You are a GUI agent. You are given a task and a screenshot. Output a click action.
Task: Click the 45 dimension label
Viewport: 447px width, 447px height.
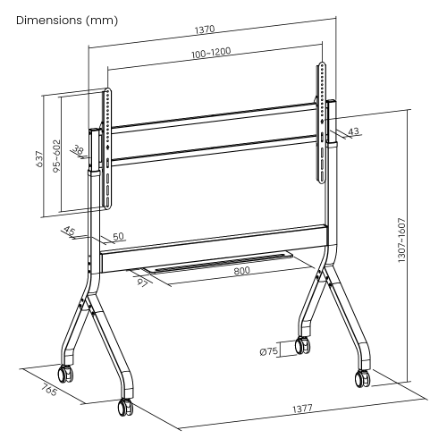click(70, 232)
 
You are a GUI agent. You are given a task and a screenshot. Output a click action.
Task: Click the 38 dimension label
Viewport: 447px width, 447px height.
click(80, 153)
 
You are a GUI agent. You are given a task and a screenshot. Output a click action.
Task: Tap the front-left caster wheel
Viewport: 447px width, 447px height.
click(122, 408)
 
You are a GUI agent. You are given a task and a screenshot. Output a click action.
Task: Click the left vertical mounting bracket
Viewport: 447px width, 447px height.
click(108, 148)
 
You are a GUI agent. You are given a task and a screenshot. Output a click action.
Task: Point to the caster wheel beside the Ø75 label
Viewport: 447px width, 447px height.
click(302, 347)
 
